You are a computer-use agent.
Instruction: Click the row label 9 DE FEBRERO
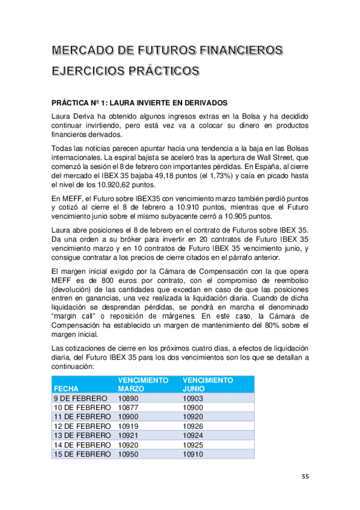click(x=81, y=399)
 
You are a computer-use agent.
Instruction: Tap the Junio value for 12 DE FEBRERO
click(x=194, y=426)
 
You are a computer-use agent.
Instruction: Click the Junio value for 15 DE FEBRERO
click(x=194, y=454)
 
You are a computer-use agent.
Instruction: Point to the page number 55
click(x=305, y=477)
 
